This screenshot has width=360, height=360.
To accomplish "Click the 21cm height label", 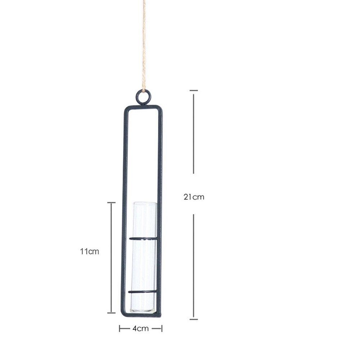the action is [194, 197].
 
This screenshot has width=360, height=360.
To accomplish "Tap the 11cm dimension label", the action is [90, 251].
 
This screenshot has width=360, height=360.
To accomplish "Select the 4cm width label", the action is [141, 329].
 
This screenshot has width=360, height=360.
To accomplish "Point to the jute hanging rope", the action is [144, 46].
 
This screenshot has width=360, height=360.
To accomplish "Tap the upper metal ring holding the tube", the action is [143, 238].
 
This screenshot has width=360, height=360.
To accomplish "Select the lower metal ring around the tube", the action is [142, 292].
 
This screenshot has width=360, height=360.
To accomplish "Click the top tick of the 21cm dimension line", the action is [194, 91].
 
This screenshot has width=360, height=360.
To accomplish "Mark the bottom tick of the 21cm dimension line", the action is [194, 319].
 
